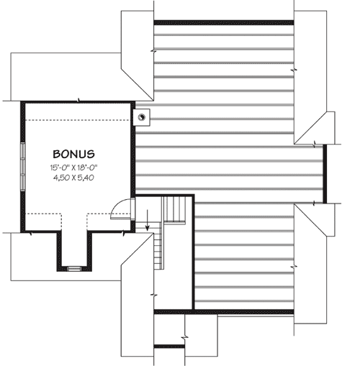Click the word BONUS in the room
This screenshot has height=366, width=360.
click(73, 154)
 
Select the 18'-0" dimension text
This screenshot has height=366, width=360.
click(88, 168)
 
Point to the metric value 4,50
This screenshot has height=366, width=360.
click(61, 178)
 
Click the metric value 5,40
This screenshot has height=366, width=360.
click(86, 178)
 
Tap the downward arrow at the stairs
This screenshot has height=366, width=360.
click(148, 220)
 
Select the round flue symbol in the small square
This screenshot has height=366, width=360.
click(142, 117)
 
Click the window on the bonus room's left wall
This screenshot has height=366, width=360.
click(22, 167)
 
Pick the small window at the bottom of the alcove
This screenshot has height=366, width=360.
click(74, 269)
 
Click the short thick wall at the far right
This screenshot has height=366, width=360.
click(325, 174)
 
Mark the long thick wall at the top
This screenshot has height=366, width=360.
click(224, 23)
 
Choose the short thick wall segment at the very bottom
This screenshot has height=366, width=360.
click(169, 347)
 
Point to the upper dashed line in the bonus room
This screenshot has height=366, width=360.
click(78, 120)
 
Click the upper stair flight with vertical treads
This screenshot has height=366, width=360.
click(174, 210)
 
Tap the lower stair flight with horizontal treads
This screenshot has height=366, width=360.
click(157, 250)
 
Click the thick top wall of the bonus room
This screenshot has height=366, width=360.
click(78, 102)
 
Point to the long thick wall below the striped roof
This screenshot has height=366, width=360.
click(224, 312)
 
